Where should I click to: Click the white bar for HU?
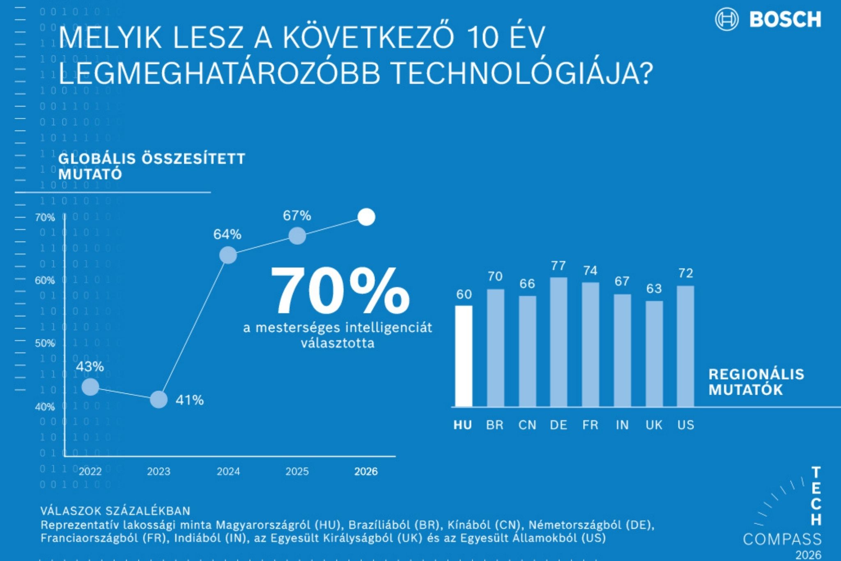click(x=464, y=356)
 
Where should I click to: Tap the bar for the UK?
click(x=654, y=354)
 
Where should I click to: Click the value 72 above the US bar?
click(x=685, y=273)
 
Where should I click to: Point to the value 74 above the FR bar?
click(x=590, y=271)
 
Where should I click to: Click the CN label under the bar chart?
click(x=527, y=425)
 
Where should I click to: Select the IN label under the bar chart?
click(x=622, y=425)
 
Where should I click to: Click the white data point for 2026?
click(x=366, y=217)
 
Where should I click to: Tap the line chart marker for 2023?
click(x=159, y=399)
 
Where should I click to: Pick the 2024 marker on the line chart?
click(x=228, y=255)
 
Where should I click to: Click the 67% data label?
click(x=297, y=216)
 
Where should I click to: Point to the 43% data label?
click(x=90, y=366)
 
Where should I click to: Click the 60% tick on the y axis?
click(x=45, y=280)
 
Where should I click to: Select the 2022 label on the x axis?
click(x=90, y=471)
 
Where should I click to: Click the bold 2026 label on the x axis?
click(x=366, y=471)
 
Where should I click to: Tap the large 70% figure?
click(x=340, y=292)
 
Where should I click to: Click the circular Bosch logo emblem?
click(x=726, y=19)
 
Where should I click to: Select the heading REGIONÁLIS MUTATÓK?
click(x=756, y=382)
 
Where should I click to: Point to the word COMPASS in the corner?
click(x=782, y=539)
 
